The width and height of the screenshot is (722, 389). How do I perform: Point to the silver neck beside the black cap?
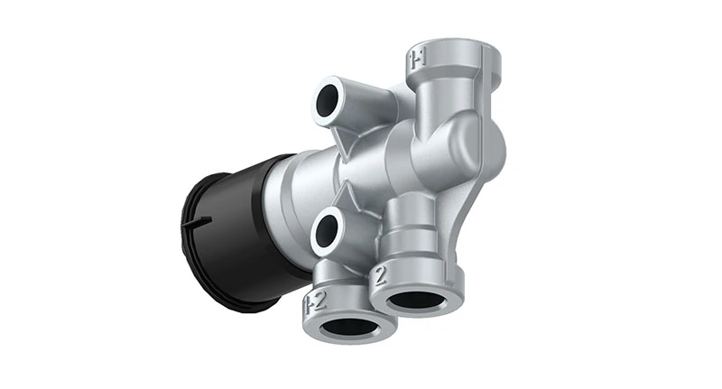tap(302, 194)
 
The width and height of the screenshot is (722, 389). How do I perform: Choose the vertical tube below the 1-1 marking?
tap(442, 99)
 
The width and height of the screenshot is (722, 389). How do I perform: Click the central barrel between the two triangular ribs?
tap(361, 171)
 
